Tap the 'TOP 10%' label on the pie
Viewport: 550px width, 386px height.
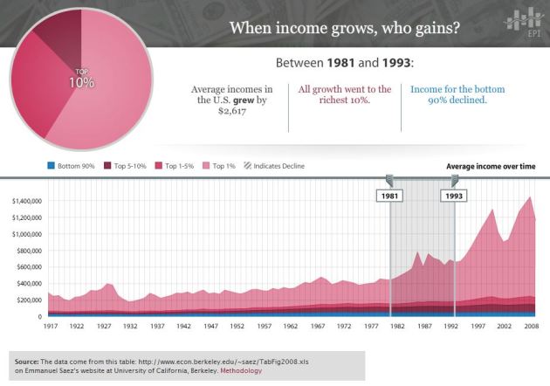tap(81, 78)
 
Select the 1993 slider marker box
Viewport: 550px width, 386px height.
tap(453, 196)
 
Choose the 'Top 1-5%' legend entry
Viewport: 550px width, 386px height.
tap(176, 165)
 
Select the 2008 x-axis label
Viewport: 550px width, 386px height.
tap(530, 326)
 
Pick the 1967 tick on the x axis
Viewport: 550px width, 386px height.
tap(315, 326)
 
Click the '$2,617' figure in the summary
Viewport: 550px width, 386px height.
tap(231, 113)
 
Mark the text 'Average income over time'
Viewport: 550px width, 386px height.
tap(491, 165)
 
